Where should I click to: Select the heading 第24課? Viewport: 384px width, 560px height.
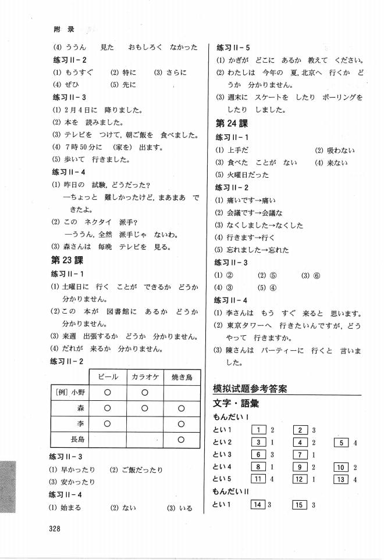[x=232, y=124]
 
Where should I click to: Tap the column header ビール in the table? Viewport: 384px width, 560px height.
[x=108, y=378]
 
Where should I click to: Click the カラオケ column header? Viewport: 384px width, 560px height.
[x=144, y=378]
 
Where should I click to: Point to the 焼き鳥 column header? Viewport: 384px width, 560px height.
[x=182, y=378]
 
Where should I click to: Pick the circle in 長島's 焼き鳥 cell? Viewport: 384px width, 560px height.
[x=182, y=439]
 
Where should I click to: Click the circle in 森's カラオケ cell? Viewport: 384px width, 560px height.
[x=144, y=408]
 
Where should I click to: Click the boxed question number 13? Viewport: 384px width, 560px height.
[x=340, y=479]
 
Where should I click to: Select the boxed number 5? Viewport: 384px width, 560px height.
[x=340, y=442]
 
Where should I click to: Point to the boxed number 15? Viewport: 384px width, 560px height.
[x=300, y=505]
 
